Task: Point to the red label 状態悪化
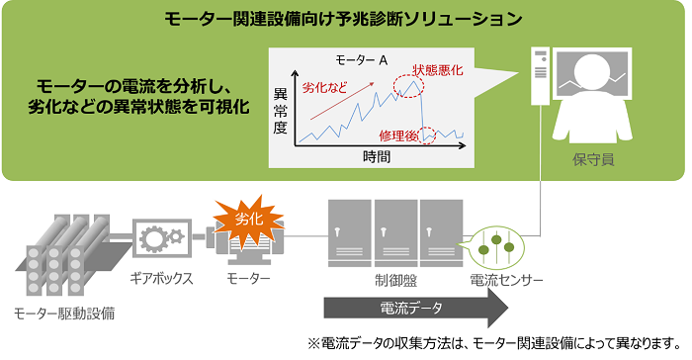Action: (x=438, y=69)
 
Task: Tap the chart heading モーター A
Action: (x=355, y=60)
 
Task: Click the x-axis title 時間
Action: (x=377, y=157)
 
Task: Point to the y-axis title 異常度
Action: (x=279, y=111)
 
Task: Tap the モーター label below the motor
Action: (x=247, y=280)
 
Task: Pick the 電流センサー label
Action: (x=505, y=280)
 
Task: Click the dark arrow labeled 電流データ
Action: (x=415, y=307)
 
